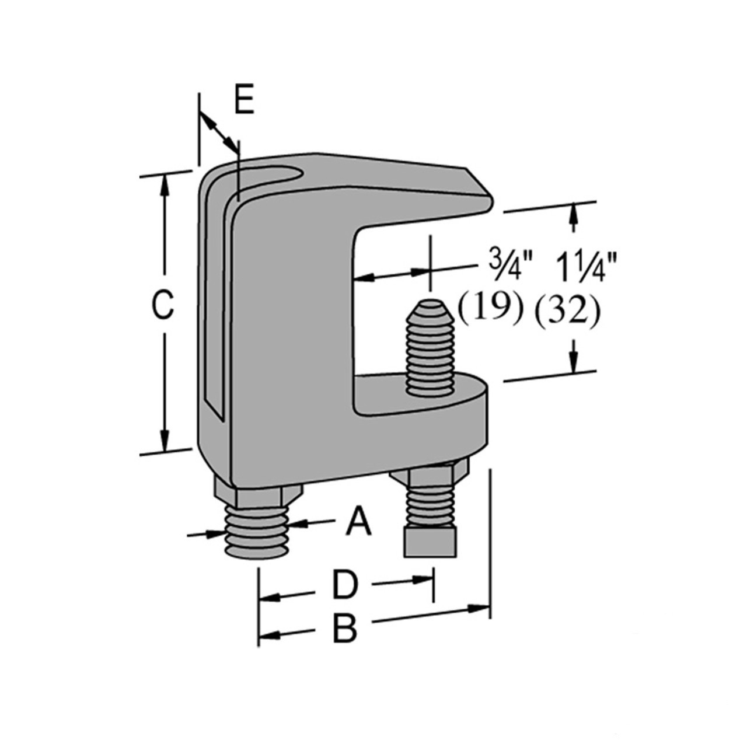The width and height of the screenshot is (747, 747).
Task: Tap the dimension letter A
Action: pos(358,521)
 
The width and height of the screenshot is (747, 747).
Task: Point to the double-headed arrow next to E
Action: pos(219,132)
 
